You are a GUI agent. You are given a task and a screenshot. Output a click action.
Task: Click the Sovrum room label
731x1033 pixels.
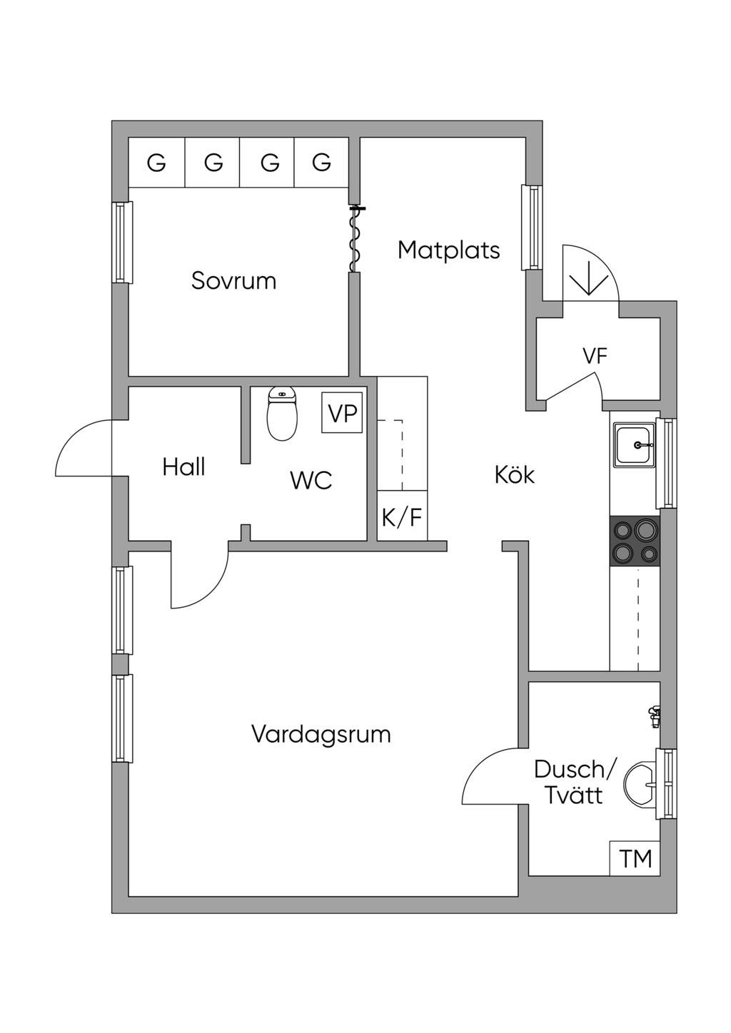click(233, 280)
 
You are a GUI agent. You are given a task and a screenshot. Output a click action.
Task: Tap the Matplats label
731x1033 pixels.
click(448, 250)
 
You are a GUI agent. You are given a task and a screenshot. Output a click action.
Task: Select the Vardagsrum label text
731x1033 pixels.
click(321, 734)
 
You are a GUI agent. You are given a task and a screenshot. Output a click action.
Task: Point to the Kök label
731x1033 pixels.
click(514, 474)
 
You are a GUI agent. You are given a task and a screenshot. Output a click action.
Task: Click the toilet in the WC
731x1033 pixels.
click(283, 414)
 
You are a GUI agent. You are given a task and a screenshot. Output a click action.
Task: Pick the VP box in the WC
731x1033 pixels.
click(342, 412)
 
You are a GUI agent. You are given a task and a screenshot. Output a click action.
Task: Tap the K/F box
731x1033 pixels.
click(402, 516)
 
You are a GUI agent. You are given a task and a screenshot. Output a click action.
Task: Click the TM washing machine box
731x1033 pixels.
click(635, 858)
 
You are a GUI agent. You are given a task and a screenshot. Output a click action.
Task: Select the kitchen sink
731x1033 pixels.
click(635, 446)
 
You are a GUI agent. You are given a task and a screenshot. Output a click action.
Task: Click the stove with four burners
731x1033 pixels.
click(635, 541)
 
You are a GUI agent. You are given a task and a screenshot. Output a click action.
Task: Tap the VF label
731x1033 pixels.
click(595, 356)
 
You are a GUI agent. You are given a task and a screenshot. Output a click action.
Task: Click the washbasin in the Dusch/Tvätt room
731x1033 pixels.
click(640, 785)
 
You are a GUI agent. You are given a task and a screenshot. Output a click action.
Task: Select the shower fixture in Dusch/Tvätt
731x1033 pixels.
click(653, 716)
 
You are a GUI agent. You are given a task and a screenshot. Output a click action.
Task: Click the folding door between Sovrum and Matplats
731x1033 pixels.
click(355, 239)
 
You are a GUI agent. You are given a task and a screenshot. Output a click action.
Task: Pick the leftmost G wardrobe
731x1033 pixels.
click(156, 163)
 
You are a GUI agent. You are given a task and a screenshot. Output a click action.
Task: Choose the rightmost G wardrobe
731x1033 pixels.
click(321, 163)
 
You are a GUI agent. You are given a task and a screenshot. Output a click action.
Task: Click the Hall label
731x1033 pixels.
click(183, 467)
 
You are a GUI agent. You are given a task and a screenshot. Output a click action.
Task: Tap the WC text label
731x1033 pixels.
click(311, 480)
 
